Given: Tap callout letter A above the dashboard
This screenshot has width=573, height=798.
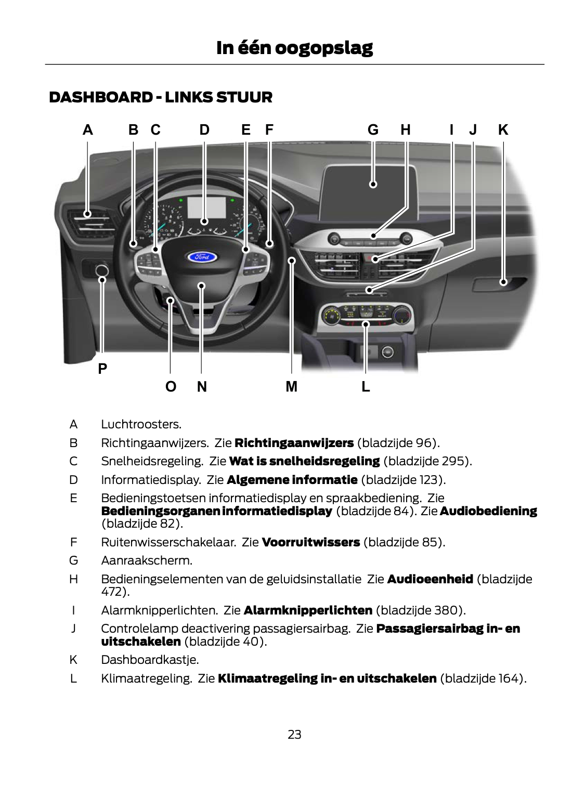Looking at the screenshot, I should click(88, 130).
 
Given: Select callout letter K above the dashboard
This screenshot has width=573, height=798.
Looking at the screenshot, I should click(503, 130).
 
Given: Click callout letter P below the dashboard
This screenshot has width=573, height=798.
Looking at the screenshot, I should click(102, 369).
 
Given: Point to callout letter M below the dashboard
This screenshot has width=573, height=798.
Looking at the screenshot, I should click(291, 387).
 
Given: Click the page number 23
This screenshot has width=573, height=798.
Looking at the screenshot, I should click(294, 735).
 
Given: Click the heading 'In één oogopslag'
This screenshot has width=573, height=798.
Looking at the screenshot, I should click(294, 48).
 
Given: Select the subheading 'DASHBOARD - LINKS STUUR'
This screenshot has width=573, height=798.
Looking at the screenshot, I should click(160, 98).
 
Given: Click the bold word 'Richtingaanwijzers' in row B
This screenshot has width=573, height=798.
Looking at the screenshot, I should click(294, 443).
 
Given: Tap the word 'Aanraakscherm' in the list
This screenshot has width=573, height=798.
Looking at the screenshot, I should click(146, 560).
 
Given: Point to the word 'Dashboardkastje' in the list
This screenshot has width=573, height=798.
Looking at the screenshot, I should click(149, 660).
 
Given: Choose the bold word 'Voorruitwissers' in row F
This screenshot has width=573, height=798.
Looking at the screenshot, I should click(311, 542).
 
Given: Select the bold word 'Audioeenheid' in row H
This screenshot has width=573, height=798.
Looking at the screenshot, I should click(429, 579).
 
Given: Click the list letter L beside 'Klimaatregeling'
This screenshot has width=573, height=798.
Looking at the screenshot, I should click(73, 678).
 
